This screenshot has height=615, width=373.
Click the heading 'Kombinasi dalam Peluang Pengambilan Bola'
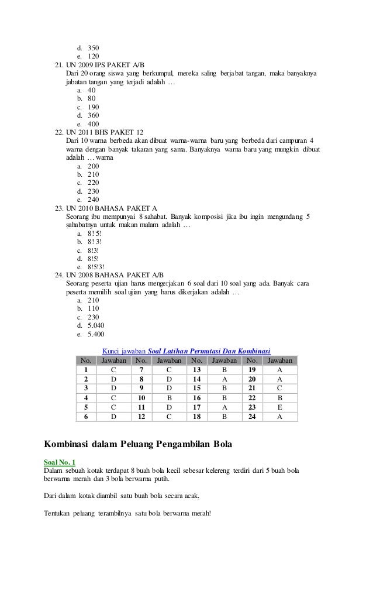click(138, 444)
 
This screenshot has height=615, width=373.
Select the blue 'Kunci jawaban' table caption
click(186, 351)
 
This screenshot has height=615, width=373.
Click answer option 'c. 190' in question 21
click(88, 107)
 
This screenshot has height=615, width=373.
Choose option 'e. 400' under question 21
click(88, 124)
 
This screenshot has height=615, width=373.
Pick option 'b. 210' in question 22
click(88, 174)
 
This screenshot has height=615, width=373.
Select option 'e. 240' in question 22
click(88, 199)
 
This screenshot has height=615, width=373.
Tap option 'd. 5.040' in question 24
click(90, 325)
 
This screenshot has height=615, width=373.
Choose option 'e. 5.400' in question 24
click(90, 334)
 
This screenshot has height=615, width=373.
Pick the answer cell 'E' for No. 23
click(279, 407)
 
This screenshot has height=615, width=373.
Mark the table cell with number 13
click(196, 370)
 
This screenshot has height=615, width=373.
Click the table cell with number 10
click(141, 398)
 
